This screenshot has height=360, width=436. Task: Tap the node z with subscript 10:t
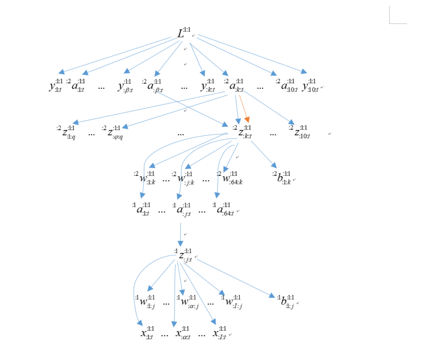(300, 133)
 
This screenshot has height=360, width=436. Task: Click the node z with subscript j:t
(184, 255)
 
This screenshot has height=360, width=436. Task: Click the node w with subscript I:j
(233, 301)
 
